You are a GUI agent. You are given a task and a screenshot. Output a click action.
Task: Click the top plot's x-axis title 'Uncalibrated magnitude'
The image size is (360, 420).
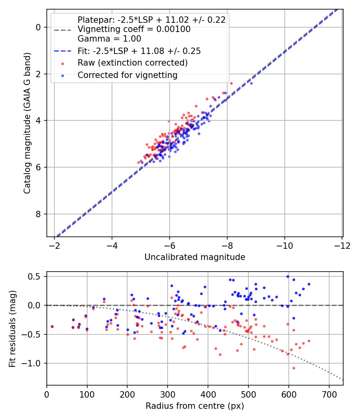pyautogui.click(x=195, y=257)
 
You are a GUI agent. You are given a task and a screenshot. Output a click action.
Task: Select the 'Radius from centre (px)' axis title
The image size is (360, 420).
pyautogui.click(x=195, y=406)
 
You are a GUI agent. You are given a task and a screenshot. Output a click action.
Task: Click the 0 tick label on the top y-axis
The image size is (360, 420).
pyautogui.click(x=38, y=27)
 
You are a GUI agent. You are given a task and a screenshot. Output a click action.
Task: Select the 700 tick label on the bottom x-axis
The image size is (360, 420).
pyautogui.click(x=329, y=394)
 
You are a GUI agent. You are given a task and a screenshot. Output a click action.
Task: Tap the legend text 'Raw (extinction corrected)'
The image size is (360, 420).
pyautogui.click(x=132, y=63)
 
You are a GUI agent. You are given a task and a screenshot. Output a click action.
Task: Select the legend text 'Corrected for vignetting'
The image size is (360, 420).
pyautogui.click(x=127, y=75)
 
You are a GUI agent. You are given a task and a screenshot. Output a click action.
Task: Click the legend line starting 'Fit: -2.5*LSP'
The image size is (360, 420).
pyautogui.click(x=139, y=51)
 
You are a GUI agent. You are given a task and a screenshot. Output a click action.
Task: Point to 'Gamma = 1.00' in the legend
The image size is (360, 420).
pyautogui.click(x=109, y=39)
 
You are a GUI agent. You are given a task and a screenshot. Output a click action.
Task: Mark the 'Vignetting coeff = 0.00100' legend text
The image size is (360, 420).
pyautogui.click(x=134, y=29)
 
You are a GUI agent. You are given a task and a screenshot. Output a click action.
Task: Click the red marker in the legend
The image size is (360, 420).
pyautogui.click(x=62, y=63)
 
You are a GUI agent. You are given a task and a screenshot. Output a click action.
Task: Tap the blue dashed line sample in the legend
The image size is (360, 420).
pyautogui.click(x=62, y=51)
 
